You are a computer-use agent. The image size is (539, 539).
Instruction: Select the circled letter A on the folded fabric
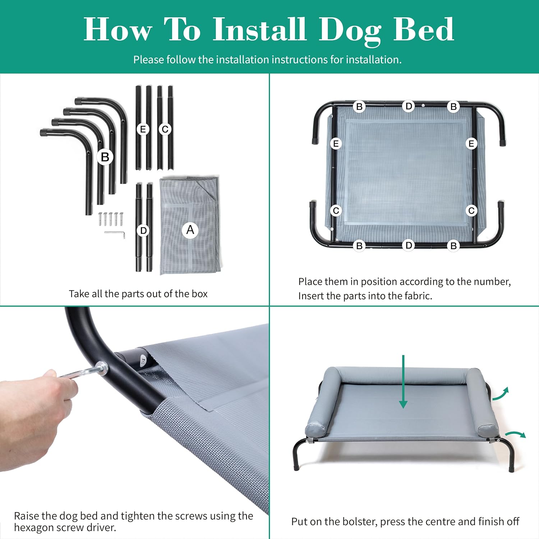[x=190, y=230]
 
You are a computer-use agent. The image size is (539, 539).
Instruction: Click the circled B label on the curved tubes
[x=105, y=157]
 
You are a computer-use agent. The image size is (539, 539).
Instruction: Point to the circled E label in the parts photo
[x=143, y=129]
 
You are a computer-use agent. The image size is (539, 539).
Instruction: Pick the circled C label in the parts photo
[x=165, y=129]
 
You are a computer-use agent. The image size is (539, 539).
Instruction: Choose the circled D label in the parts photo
[x=143, y=230]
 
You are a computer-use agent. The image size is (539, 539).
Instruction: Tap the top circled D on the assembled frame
[x=409, y=106]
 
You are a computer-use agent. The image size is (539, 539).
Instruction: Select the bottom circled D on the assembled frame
[x=409, y=245]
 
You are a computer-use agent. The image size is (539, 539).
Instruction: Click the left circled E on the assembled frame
[x=336, y=144]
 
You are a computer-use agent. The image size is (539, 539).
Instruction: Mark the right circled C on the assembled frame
[x=471, y=211]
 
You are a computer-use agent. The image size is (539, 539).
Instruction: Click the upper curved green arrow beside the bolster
[x=500, y=394]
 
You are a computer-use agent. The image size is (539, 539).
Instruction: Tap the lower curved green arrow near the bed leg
[x=516, y=434]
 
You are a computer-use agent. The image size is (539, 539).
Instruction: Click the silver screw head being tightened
[x=102, y=369]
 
